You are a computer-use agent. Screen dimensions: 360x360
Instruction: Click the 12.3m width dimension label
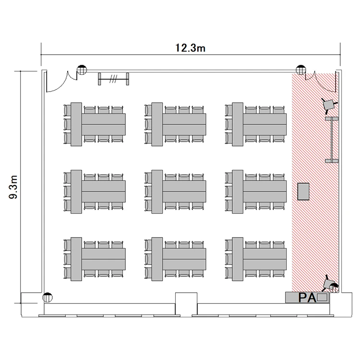pos(190,48)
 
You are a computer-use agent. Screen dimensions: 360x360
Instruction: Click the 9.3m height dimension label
pos(13,187)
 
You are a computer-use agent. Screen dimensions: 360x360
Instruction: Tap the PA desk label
pos(307,298)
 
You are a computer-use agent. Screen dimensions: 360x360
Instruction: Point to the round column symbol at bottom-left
pos(48,297)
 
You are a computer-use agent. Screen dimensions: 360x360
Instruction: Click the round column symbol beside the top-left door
pos(82,70)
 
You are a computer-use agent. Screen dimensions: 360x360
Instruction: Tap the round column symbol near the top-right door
pos(301,70)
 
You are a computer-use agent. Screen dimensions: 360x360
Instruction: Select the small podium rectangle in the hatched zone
pos(303,192)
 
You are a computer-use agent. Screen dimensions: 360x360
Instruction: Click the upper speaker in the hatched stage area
pos(329,105)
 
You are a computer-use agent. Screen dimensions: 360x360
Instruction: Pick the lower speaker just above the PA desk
pos(330,284)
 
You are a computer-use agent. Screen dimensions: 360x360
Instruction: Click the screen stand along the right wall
pos(332,140)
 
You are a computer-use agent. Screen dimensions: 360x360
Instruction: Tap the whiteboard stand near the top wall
pos(113,79)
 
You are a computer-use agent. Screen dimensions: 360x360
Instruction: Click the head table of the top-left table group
pos(76,124)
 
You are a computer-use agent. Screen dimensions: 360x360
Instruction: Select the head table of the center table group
pos(157,192)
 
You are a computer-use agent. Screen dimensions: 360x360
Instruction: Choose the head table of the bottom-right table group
pos(238,259)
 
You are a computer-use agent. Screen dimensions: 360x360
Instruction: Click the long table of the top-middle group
pos(184,124)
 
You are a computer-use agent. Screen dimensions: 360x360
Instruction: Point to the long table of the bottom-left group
pos(104,259)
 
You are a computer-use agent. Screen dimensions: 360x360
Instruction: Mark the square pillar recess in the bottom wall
pos(186,303)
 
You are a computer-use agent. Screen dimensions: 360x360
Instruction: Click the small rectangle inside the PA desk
pos(322,298)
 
